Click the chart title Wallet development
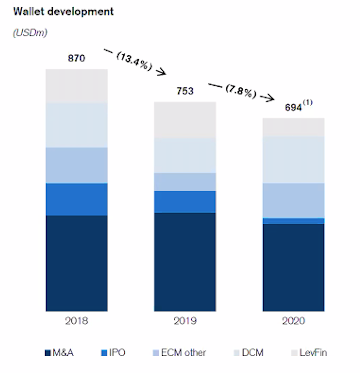click(63, 12)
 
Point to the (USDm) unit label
click(30, 33)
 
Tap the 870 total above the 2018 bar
click(76, 58)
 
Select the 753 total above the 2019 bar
click(185, 91)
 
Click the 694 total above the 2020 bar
click(293, 107)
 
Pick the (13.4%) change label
click(134, 61)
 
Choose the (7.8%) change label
click(241, 91)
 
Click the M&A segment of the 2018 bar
click(76, 263)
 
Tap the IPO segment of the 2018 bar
click(76, 199)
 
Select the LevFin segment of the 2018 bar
click(76, 86)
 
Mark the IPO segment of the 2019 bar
click(185, 202)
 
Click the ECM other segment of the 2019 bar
click(185, 182)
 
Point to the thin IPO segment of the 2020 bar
click(293, 221)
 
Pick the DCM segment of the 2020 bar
click(293, 159)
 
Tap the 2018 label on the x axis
click(76, 321)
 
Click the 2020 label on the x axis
click(293, 321)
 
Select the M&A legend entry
click(59, 353)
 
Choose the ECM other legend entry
click(179, 353)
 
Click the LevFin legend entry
click(309, 353)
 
